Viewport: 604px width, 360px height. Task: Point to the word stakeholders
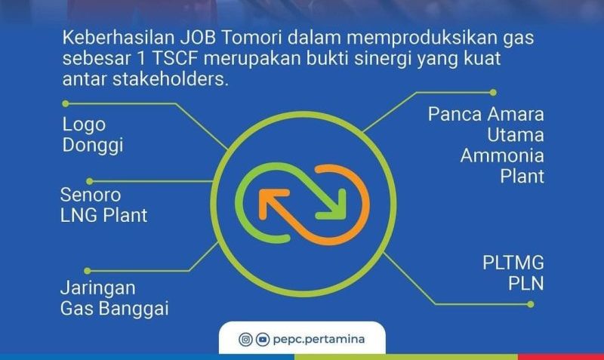pos(171,79)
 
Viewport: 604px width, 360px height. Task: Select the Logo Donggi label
pos(93,135)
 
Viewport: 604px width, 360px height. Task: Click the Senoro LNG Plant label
pos(103,205)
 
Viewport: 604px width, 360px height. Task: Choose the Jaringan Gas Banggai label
pos(115,298)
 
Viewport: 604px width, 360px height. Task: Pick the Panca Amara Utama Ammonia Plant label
pos(486,145)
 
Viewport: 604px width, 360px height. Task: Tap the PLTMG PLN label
pos(513,273)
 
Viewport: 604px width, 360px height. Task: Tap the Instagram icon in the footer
pos(245,339)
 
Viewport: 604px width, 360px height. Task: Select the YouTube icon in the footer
pos(263,339)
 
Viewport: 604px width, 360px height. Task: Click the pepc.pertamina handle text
pos(319,339)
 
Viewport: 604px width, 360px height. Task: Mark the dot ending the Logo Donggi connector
pos(66,103)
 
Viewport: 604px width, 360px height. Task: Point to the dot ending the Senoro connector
pos(89,181)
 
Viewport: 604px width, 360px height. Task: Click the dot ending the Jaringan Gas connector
pos(88,271)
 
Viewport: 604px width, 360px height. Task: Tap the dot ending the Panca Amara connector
pos(493,92)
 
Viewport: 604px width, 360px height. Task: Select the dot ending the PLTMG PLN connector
pos(531,304)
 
